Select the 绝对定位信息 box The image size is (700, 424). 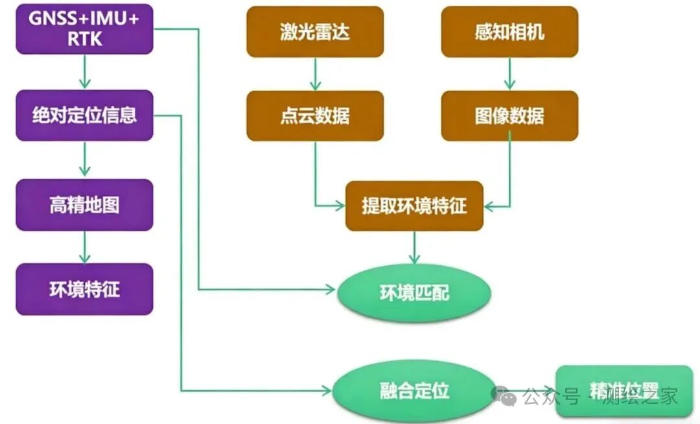coord(84,115)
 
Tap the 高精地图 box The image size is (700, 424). coord(84,205)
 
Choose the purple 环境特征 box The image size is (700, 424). coord(84,289)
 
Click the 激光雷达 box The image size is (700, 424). coord(315,32)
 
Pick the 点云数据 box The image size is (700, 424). coord(315,115)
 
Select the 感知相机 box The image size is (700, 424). coord(509,32)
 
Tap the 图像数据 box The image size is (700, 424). coord(509,115)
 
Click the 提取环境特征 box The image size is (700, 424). coord(414,206)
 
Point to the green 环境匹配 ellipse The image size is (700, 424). coord(414,292)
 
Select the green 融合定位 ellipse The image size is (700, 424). coord(414,391)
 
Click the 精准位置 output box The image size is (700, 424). coord(624,390)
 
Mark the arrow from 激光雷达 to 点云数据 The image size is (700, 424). coord(316,74)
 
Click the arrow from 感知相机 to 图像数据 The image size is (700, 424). coord(509,74)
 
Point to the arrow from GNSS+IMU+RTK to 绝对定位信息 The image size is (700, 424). coord(84,72)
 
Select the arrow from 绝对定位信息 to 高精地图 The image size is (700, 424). coord(84,159)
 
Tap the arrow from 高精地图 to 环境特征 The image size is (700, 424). coord(84,247)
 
